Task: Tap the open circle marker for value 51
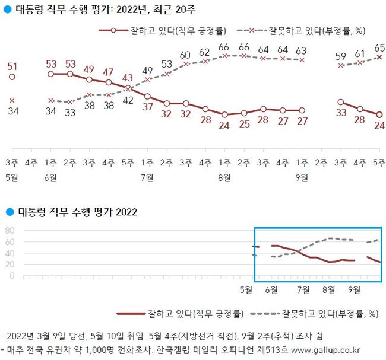coord(12,77)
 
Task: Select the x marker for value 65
coord(380,57)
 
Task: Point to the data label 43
coord(128,78)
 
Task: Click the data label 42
coord(128,100)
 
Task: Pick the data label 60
coord(185,55)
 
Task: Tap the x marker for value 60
coord(186,64)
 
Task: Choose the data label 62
coord(205,52)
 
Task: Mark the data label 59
coord(341,56)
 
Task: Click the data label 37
coord(147,107)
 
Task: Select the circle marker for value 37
coord(147,97)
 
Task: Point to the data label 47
coord(109,72)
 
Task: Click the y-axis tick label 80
coord(10,231)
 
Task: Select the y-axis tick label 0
coord(12,276)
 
